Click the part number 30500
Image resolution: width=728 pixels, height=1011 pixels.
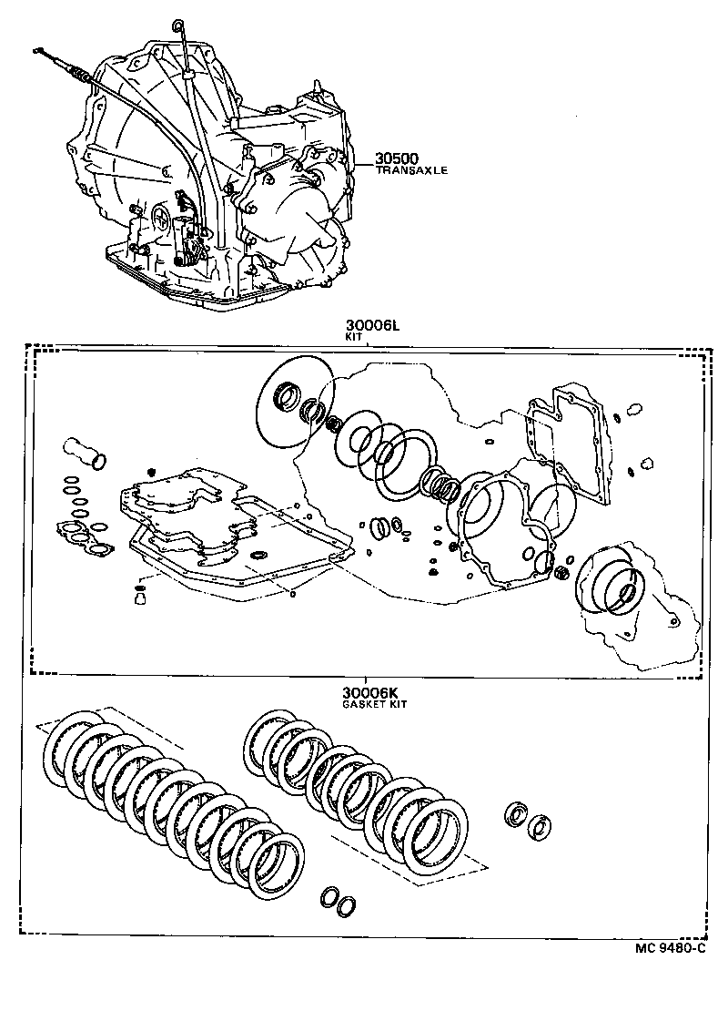395,159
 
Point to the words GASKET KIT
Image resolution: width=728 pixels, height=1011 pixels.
374,704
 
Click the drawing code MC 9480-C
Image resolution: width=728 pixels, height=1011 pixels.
671,948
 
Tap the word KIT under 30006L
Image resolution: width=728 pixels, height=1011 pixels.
354,336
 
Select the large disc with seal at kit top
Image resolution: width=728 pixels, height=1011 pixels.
293,400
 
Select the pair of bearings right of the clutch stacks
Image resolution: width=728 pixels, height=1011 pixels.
529,819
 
